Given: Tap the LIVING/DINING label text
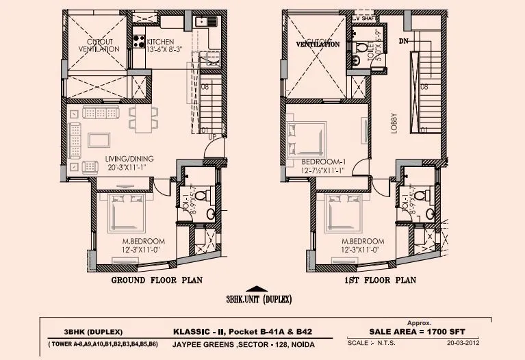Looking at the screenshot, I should point(129,159).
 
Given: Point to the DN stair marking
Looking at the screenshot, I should point(403,42).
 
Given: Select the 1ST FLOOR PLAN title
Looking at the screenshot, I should point(381,281).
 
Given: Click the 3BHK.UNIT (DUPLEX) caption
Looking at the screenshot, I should point(259,299).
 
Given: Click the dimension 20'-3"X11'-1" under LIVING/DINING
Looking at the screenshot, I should point(129,168).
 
